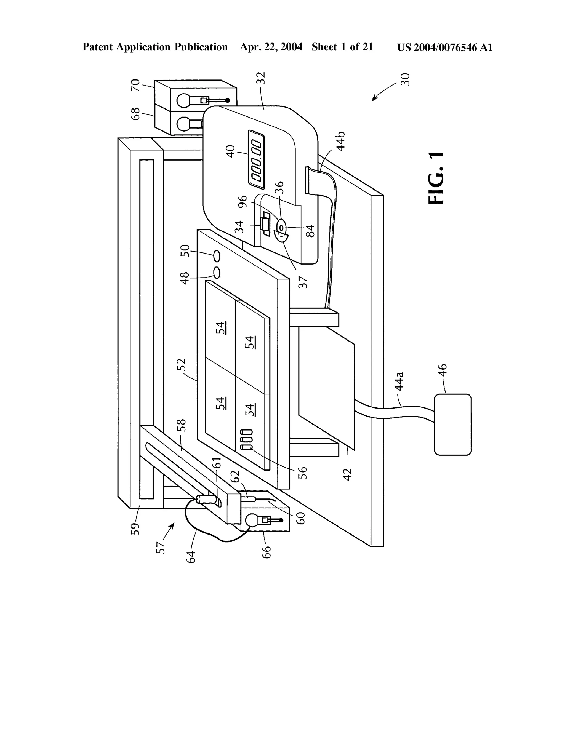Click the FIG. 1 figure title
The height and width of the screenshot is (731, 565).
436,178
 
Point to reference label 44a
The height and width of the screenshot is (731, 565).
399,381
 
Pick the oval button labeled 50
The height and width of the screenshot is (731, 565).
217,256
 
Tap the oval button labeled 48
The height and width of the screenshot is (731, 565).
217,273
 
